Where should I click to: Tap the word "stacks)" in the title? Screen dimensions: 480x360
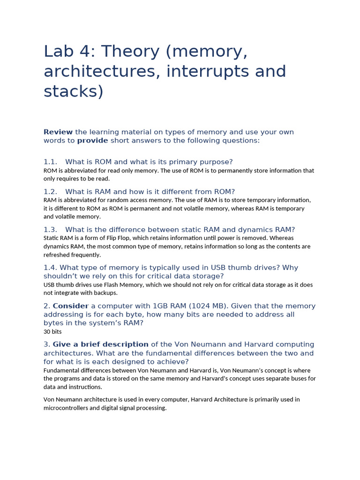coord(73,91)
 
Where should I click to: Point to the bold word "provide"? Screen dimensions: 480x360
coord(92,141)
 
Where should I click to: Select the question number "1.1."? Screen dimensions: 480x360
coord(50,162)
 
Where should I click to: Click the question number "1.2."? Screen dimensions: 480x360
coord(50,192)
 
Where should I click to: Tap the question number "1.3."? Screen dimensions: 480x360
coord(50,230)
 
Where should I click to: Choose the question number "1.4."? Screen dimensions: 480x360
coord(50,268)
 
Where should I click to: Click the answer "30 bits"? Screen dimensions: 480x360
coord(52,331)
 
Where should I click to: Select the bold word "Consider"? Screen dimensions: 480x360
coord(71,306)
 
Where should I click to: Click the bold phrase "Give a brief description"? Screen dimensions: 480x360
coord(100,345)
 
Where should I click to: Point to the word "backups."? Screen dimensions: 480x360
coord(106,293)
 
